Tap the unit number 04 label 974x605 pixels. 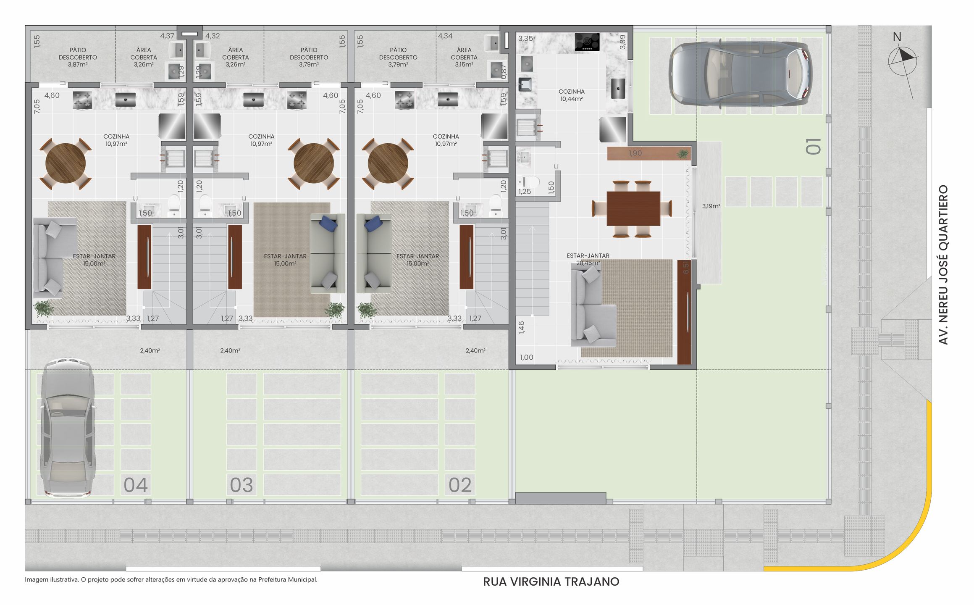(x=135, y=485)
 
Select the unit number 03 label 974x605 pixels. (x=241, y=485)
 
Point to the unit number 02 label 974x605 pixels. (x=460, y=485)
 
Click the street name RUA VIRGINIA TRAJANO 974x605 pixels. (x=551, y=582)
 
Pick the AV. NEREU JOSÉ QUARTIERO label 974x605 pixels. (x=943, y=265)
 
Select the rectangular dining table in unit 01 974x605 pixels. (x=633, y=208)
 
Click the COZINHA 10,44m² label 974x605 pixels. (x=571, y=95)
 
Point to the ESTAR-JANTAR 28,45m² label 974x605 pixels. (x=588, y=259)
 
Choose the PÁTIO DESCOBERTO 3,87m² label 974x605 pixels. (x=78, y=58)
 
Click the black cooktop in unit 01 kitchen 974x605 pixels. (x=587, y=42)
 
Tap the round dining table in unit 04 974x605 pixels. (x=66, y=163)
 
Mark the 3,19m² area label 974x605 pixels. (x=711, y=206)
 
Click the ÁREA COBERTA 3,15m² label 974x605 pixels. (x=464, y=58)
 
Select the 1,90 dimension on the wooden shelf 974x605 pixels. (x=635, y=153)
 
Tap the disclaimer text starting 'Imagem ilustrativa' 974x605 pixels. (x=171, y=580)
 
